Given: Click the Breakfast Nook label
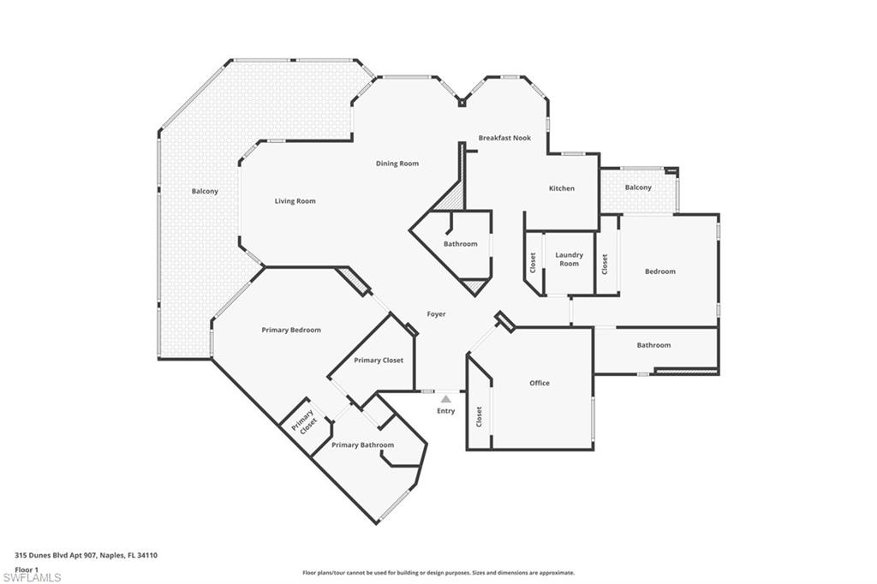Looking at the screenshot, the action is tap(504, 138).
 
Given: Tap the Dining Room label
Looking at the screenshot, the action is tap(397, 164).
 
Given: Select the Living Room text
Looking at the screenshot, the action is tap(295, 201).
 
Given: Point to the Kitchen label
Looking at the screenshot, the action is tap(562, 188).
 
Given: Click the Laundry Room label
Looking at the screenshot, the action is tap(570, 259).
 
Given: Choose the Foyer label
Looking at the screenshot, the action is tap(436, 314).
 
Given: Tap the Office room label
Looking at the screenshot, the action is tap(540, 383).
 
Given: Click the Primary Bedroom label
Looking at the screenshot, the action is tap(291, 330).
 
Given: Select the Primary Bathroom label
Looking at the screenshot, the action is tap(363, 445).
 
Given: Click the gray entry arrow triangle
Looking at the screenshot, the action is tap(445, 399).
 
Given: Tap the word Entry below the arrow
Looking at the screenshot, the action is tap(445, 411).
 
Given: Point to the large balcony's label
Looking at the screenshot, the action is tap(205, 191).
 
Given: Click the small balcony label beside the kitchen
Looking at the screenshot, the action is tap(638, 188).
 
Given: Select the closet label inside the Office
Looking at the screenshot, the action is tap(479, 417).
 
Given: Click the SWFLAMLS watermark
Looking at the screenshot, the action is tap(32, 577).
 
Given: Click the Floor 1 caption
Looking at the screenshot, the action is tap(27, 570).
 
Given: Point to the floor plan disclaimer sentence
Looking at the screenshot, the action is tap(438, 573).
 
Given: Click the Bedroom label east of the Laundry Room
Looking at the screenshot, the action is tap(660, 271).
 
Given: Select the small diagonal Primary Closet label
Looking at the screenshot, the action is tap(305, 422).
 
